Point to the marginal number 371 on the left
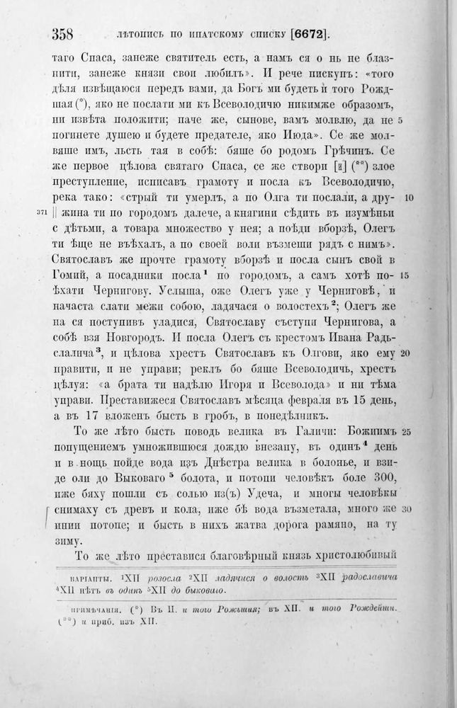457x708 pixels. pos(42,212)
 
